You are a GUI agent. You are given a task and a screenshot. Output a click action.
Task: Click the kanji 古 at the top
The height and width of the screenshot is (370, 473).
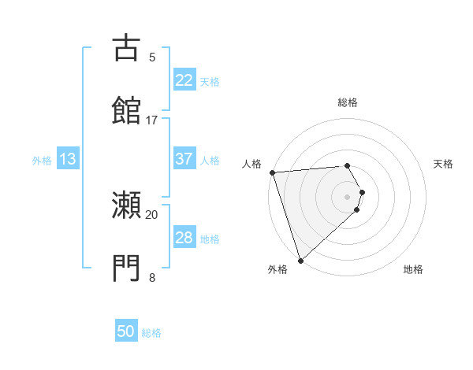pyautogui.click(x=126, y=48)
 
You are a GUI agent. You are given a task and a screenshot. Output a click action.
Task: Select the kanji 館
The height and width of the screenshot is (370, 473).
pyautogui.click(x=126, y=110)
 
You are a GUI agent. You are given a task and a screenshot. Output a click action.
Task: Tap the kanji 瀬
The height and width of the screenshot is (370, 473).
pyautogui.click(x=126, y=207)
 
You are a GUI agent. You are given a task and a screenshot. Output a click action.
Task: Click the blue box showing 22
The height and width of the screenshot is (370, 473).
pyautogui.click(x=184, y=80)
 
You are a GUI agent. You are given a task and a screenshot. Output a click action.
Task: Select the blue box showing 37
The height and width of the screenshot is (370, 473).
pyautogui.click(x=184, y=159)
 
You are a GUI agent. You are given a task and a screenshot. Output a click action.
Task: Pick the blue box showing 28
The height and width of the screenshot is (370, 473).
pyautogui.click(x=184, y=238)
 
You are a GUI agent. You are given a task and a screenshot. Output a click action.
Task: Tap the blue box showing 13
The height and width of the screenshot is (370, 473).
pyautogui.click(x=68, y=159)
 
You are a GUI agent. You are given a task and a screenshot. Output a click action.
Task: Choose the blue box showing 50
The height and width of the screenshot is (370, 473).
pyautogui.click(x=126, y=331)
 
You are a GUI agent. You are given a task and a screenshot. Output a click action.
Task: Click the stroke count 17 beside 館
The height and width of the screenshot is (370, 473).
pyautogui.click(x=152, y=120)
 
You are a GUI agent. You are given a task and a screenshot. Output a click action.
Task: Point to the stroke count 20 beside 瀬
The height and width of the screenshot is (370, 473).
pyautogui.click(x=152, y=214)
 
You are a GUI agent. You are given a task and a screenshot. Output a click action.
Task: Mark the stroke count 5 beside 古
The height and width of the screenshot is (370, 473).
pyautogui.click(x=152, y=57)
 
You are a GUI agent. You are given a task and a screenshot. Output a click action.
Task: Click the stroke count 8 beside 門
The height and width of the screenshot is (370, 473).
pyautogui.click(x=152, y=277)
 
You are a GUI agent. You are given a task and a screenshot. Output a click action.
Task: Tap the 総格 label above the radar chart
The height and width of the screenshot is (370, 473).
pyautogui.click(x=348, y=102)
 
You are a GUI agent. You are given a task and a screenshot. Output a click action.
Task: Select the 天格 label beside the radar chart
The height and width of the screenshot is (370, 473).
pyautogui.click(x=444, y=164)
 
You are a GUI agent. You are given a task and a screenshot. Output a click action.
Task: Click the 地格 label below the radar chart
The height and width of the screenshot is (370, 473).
pyautogui.click(x=413, y=269)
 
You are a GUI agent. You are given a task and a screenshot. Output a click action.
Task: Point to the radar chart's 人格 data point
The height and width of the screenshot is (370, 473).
pyautogui.click(x=272, y=172)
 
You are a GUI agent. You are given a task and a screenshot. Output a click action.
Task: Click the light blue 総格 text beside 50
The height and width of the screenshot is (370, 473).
pyautogui.click(x=151, y=333)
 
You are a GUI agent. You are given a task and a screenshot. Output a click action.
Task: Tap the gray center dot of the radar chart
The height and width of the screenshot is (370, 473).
pyautogui.click(x=347, y=196)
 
